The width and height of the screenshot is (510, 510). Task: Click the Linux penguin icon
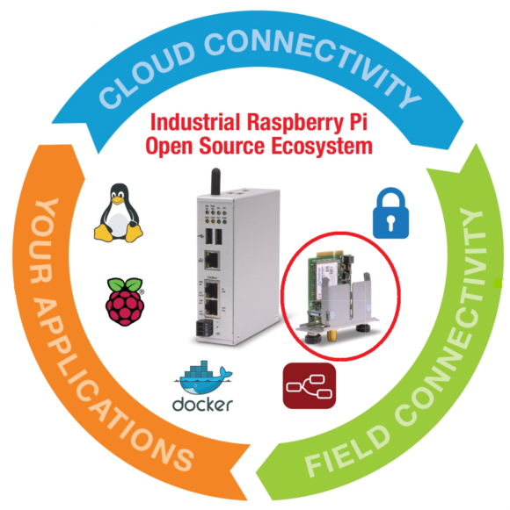119,213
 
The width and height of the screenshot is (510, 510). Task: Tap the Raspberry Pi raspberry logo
125,301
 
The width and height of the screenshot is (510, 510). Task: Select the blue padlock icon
390,213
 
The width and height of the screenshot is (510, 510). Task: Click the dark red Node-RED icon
310,385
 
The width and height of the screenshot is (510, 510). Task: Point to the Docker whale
204,377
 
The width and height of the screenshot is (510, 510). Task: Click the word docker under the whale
203,405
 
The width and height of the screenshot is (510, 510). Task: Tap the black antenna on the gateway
215,182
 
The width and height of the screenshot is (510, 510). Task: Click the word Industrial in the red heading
195,122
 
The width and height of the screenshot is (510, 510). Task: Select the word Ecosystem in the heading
322,147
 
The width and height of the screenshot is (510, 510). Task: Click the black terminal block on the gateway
204,328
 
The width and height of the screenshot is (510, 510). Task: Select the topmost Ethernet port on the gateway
212,260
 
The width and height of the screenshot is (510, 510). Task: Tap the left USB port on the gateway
209,236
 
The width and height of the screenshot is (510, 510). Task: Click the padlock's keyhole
390,223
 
